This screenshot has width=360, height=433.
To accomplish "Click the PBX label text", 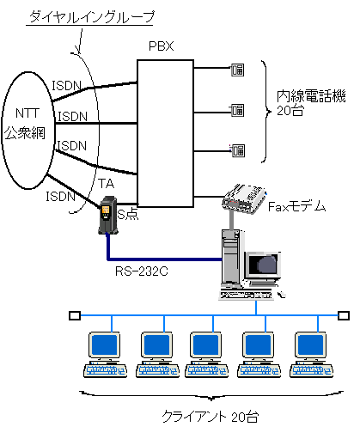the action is point(162,46).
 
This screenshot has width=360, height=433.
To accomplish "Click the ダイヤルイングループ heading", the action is point(92,17).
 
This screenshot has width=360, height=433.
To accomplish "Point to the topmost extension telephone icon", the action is point(237,70).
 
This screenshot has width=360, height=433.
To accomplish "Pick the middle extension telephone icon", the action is point(237,110).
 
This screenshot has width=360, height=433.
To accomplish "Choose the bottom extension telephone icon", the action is point(237,150).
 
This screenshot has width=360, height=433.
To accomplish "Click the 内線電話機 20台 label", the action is point(311,103).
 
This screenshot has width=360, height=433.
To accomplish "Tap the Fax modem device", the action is point(244,198).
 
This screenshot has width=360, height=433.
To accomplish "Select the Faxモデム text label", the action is point(296,206).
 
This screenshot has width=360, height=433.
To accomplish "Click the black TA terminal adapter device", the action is point(107,216).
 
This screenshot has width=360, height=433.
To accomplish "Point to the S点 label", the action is point(128,214).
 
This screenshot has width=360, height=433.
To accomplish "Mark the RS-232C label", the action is point(142,271).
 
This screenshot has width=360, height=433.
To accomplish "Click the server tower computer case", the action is point(231,258).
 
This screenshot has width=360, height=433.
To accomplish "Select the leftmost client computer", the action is point(105,355).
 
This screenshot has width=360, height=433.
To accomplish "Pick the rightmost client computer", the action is point(311,355).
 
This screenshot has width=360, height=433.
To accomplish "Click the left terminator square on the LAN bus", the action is point(75,315).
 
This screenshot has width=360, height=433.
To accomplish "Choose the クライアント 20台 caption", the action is point(211,417).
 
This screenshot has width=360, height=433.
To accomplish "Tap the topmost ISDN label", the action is point(66,86).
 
